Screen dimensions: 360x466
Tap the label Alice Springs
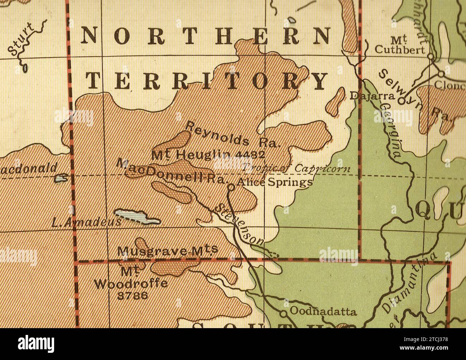pos(275,182)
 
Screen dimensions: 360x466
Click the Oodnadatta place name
pos(323,311)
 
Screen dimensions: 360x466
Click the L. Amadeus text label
pos(86,223)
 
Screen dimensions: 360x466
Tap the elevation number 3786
pos(132,296)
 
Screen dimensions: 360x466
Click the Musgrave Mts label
pos(167,250)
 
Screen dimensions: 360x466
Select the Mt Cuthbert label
pos(399,45)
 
